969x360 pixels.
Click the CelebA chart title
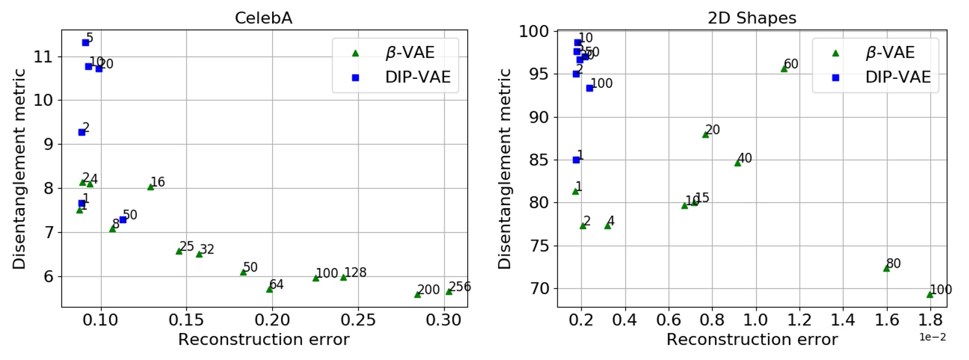(x=263, y=18)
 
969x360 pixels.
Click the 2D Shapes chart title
(x=752, y=18)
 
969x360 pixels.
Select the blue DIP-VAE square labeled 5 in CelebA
(x=86, y=42)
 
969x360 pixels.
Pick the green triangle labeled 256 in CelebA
(x=449, y=292)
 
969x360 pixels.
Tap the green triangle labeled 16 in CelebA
(x=151, y=187)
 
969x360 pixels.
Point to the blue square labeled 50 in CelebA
(x=123, y=219)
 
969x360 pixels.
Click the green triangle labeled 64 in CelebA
(x=270, y=289)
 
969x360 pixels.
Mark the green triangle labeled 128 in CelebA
(x=343, y=277)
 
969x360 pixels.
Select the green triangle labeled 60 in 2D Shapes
(x=784, y=69)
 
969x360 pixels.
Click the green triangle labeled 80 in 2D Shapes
(x=886, y=269)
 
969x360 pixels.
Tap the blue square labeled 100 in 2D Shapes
(x=590, y=88)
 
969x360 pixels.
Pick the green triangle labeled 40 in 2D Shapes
(x=738, y=163)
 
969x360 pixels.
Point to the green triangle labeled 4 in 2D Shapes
(x=608, y=225)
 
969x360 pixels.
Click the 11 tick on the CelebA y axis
(x=43, y=57)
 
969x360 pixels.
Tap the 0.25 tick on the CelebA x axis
(x=358, y=320)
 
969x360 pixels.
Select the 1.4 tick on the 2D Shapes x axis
(x=843, y=320)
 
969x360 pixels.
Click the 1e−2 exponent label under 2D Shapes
(x=933, y=337)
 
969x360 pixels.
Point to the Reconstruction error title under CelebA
(x=263, y=340)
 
